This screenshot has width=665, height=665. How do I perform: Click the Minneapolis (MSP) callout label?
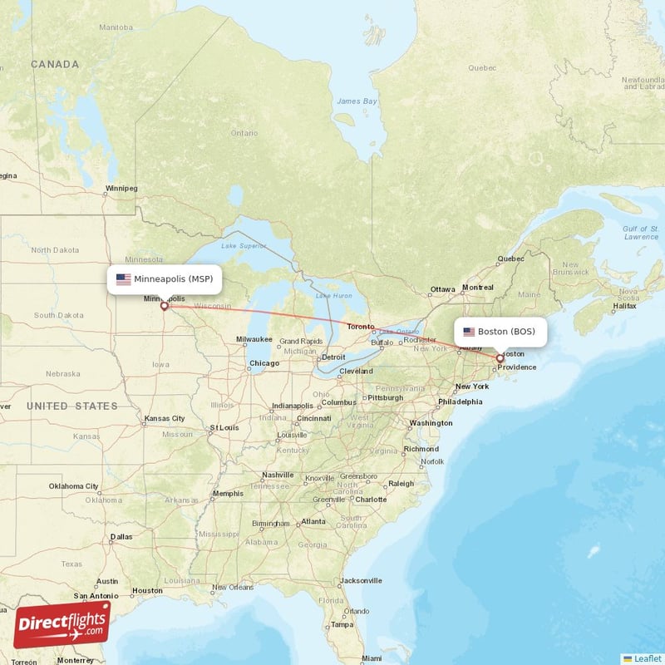(165, 279)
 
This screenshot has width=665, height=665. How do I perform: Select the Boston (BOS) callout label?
(500, 332)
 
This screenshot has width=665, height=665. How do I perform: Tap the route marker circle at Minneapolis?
(164, 306)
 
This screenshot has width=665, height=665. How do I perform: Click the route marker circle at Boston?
(500, 359)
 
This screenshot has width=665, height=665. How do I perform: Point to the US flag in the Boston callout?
(469, 332)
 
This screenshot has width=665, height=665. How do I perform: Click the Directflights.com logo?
(62, 624)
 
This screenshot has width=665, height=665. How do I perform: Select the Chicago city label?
(264, 363)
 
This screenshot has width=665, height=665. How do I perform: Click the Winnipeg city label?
(121, 189)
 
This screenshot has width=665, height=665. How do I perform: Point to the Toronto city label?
(361, 328)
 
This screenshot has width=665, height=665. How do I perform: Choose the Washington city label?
(431, 423)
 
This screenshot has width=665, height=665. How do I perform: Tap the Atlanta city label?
(313, 521)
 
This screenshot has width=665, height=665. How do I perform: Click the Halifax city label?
(623, 307)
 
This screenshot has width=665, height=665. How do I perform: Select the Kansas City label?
(163, 418)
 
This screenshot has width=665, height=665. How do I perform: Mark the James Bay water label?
(357, 101)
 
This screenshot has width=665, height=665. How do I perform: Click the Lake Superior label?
(244, 246)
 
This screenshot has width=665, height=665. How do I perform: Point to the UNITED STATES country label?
(71, 406)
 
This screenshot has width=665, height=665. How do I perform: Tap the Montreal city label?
(477, 288)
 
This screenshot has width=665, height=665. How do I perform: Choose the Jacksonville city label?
(361, 580)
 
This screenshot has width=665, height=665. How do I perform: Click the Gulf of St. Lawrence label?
(640, 232)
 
